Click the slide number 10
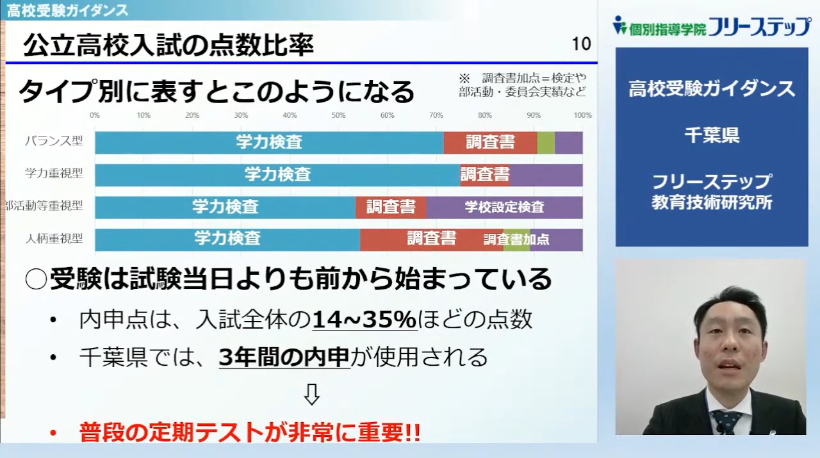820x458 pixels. [x=581, y=44]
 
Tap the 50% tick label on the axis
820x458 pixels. [x=338, y=115]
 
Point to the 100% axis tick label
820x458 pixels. [x=582, y=115]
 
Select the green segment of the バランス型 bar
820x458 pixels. [x=546, y=143]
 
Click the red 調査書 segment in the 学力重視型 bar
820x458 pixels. [x=485, y=175]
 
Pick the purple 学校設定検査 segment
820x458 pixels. [x=504, y=207]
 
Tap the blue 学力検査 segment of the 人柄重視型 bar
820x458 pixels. [x=227, y=240]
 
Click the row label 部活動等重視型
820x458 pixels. [x=44, y=206]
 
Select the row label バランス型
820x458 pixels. [x=54, y=140]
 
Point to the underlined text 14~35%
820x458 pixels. [x=365, y=320]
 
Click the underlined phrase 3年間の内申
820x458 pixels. [x=284, y=357]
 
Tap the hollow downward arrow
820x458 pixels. [x=311, y=395]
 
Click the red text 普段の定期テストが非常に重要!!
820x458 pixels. [x=250, y=432]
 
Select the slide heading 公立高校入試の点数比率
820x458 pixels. [x=168, y=45]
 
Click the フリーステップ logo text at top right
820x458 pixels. [x=760, y=27]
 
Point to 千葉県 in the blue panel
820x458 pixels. [x=712, y=135]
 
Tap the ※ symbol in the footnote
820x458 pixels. [x=464, y=78]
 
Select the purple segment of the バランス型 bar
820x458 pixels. [x=568, y=143]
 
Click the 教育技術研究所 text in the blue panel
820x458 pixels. [x=712, y=202]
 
